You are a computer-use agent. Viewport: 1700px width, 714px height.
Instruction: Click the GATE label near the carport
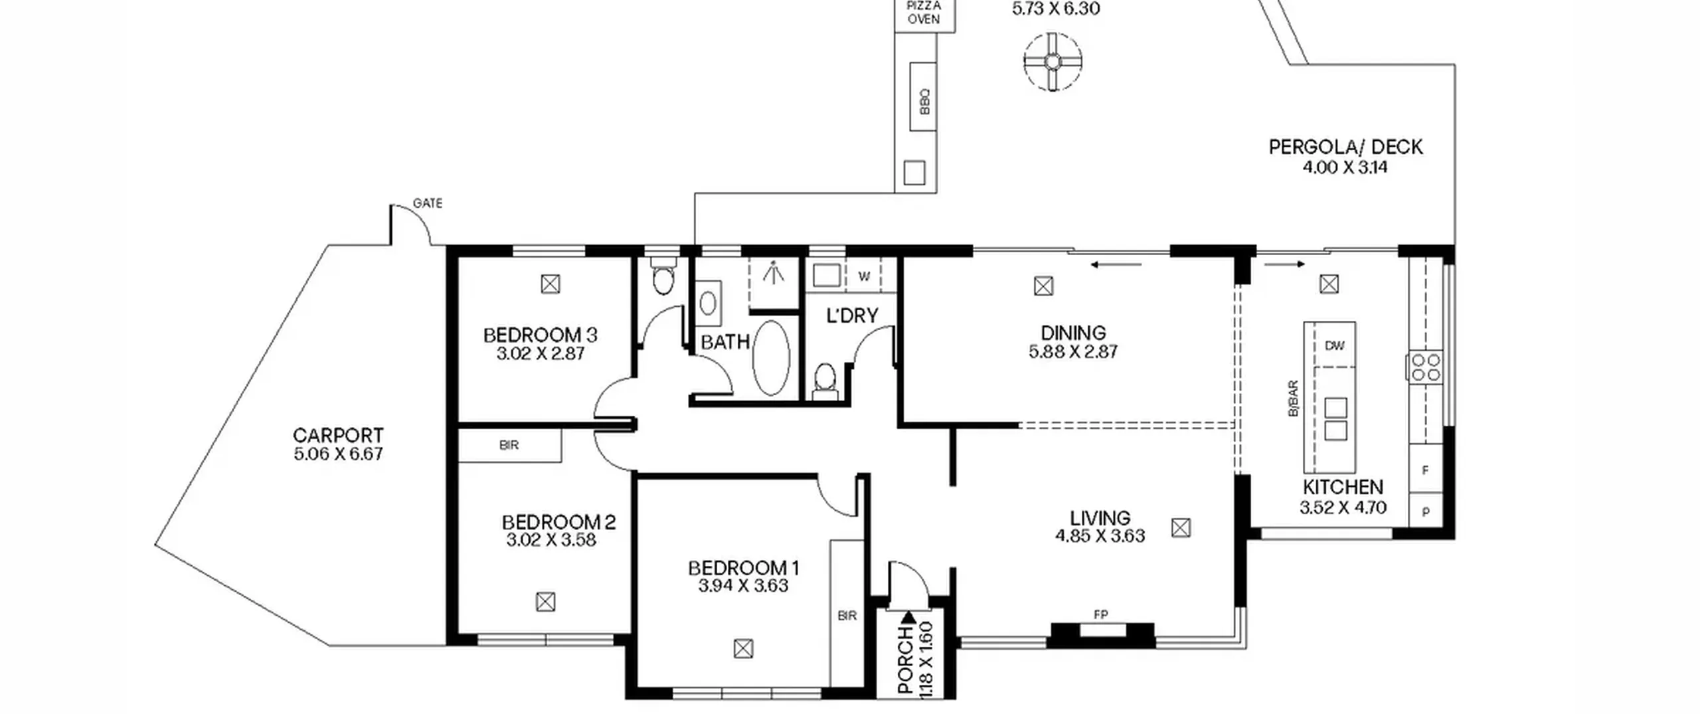(x=428, y=203)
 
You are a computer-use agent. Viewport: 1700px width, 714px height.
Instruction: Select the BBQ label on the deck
(x=924, y=102)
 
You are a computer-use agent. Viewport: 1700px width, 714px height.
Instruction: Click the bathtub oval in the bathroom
(x=771, y=358)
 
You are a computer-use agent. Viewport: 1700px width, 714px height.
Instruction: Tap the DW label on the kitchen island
(x=1334, y=346)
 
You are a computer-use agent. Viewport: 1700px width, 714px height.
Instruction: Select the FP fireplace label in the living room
(x=1100, y=615)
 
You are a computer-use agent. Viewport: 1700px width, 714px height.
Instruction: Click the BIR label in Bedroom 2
(x=509, y=446)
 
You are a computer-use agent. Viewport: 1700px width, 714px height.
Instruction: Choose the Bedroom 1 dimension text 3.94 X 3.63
(x=743, y=586)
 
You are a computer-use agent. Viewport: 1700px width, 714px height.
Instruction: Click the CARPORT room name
(x=338, y=436)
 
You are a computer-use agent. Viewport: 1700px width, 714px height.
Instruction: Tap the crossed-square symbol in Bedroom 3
(x=551, y=284)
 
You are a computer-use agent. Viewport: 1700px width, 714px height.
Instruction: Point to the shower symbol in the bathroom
(x=773, y=272)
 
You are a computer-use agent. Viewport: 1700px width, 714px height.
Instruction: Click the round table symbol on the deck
(x=1053, y=62)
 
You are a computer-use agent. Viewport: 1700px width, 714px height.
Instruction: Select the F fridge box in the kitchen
(x=1426, y=470)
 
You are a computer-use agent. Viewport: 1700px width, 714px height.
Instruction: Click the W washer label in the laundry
(x=864, y=276)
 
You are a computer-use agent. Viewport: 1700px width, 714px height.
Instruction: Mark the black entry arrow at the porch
(x=908, y=617)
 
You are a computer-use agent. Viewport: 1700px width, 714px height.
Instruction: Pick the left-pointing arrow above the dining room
(x=1116, y=265)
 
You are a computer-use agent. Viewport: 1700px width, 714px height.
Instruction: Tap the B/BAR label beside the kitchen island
(x=1293, y=399)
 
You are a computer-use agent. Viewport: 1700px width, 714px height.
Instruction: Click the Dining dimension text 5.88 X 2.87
(x=1073, y=351)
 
